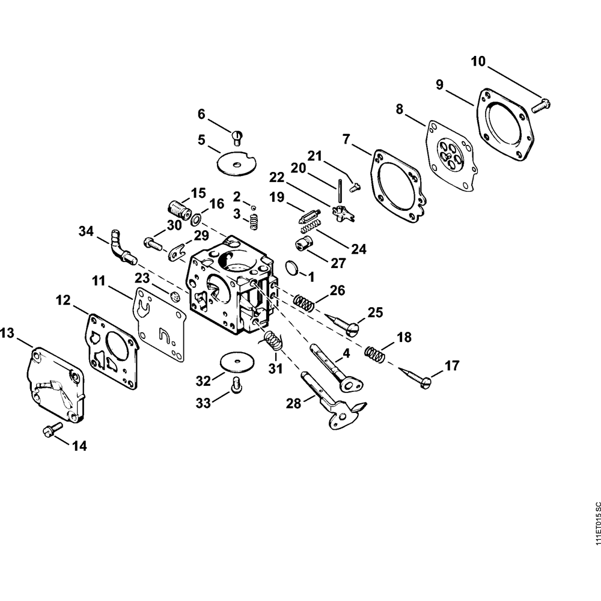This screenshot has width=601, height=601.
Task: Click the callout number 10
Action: pos(478,61)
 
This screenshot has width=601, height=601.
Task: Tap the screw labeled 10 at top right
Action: pos(540,105)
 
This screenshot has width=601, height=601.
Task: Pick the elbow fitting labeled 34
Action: pos(121,246)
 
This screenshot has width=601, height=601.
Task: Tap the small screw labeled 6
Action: pos(238,137)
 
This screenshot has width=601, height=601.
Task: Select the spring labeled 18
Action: pos(375,353)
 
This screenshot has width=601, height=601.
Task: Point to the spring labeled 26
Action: pos(305,302)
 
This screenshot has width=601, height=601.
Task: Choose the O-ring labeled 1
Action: pos(290,267)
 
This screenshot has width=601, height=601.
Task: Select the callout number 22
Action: pos(276,177)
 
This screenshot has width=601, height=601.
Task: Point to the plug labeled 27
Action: pos(304,244)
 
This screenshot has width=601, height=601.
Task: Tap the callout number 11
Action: pos(99,281)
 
